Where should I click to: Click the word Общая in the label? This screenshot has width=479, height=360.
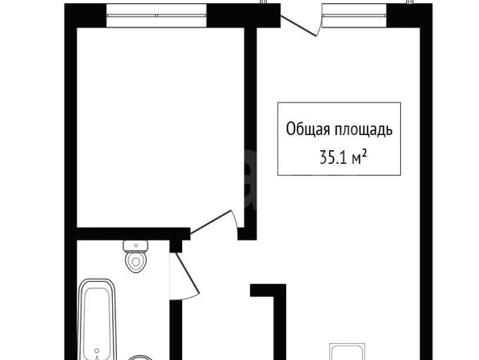[x=308, y=129]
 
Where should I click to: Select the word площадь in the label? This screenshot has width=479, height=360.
[x=363, y=130]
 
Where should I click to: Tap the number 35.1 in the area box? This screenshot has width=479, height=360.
[x=333, y=158]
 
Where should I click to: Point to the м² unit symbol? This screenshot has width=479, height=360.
[x=360, y=157]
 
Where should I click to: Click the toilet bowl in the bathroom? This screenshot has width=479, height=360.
[x=136, y=262]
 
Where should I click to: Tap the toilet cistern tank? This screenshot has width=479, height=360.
[x=135, y=246]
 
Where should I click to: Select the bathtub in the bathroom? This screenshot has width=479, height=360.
[x=97, y=320]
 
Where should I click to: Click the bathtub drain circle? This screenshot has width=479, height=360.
[x=97, y=351]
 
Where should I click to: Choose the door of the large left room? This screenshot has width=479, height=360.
[x=210, y=222]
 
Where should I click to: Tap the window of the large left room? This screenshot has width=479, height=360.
[x=156, y=15]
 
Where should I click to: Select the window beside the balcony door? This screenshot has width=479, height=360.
[x=355, y=15]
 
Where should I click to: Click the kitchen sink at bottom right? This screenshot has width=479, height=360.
[x=347, y=352]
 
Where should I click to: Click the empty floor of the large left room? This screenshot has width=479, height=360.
[x=160, y=127]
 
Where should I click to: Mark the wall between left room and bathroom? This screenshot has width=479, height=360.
[x=133, y=234]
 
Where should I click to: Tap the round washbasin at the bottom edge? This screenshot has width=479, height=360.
[x=140, y=358]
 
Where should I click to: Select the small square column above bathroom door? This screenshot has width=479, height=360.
[x=176, y=246]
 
